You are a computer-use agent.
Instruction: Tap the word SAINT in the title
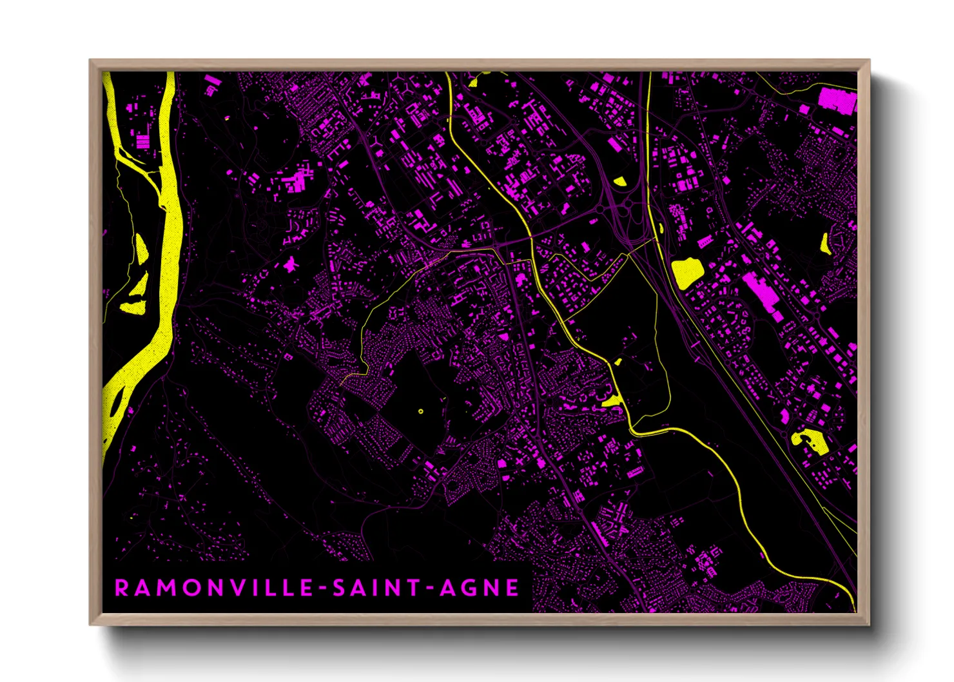378,588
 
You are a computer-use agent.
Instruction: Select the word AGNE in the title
480,588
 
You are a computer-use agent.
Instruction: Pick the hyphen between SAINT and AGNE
431,589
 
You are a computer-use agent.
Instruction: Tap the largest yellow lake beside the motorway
686,272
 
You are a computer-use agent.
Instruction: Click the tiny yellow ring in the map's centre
421,411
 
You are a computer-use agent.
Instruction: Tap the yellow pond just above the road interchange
619,181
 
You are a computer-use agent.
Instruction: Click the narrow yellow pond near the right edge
825,243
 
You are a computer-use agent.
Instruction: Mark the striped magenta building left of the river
142,141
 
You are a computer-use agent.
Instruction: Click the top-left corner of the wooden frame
90,61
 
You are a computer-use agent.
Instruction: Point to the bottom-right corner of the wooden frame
868,624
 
